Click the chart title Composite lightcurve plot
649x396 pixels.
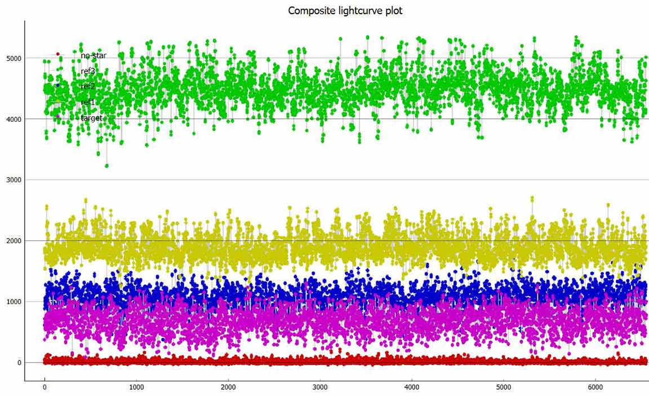click(345, 11)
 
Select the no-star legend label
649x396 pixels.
click(93, 56)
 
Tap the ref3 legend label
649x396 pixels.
click(88, 71)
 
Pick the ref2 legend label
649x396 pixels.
click(88, 86)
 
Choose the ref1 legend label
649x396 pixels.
click(88, 102)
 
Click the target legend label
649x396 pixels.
click(91, 118)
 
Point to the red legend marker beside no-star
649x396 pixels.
click(57, 54)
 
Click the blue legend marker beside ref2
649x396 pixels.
click(57, 85)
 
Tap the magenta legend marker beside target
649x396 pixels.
click(57, 116)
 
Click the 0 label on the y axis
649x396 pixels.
click(19, 363)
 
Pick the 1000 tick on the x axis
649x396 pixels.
click(136, 388)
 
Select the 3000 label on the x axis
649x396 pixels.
click(320, 388)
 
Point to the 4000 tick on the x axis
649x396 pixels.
click(412, 388)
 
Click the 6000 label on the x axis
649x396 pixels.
click(595, 388)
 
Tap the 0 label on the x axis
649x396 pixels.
click(45, 388)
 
